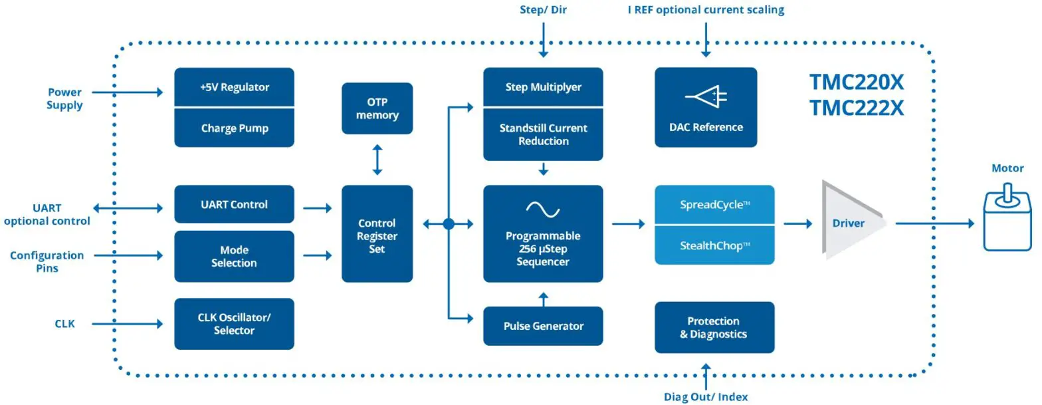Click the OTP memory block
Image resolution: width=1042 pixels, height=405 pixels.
pyautogui.click(x=377, y=108)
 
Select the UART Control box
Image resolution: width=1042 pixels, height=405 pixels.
pyautogui.click(x=234, y=204)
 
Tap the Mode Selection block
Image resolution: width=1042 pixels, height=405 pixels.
pyautogui.click(x=234, y=256)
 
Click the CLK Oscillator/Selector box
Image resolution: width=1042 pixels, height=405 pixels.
pyautogui.click(x=234, y=324)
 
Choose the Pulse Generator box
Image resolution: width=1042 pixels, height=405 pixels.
pyautogui.click(x=543, y=326)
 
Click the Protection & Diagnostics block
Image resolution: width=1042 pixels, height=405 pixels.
pyautogui.click(x=714, y=327)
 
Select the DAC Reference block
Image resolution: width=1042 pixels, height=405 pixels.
pyautogui.click(x=706, y=107)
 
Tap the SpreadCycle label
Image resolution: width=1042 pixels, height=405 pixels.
pyautogui.click(x=714, y=205)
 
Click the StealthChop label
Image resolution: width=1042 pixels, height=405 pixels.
pyautogui.click(x=714, y=245)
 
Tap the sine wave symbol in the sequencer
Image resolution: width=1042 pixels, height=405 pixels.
pyautogui.click(x=543, y=209)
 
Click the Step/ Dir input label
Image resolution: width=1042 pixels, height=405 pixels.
pyautogui.click(x=543, y=10)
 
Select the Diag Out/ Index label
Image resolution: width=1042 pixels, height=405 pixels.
pyautogui.click(x=706, y=397)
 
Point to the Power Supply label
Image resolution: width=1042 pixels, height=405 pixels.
pyautogui.click(x=64, y=98)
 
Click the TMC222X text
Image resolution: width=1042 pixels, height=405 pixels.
pyautogui.click(x=856, y=108)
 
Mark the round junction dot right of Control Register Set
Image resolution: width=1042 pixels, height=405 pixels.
pyautogui.click(x=449, y=224)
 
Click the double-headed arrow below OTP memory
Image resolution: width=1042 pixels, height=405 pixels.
pyautogui.click(x=377, y=162)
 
